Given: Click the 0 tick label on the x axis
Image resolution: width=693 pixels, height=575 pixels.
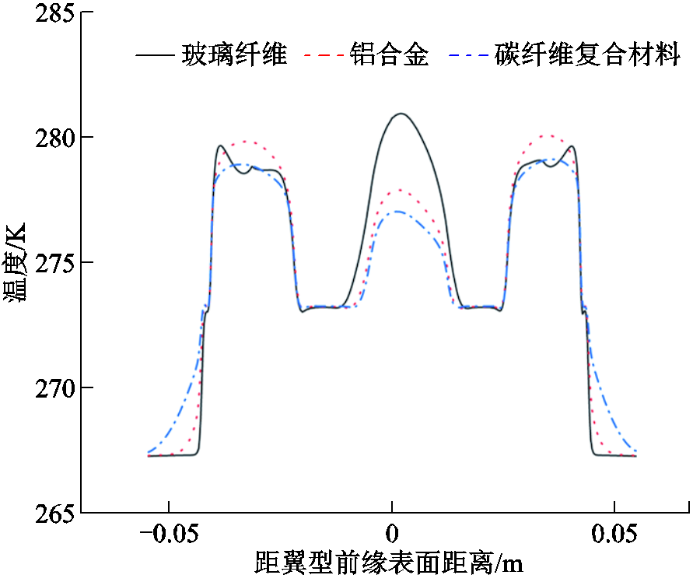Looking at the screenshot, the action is click(x=392, y=535).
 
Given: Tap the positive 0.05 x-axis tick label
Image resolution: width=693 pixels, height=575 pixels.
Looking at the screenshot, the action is click(x=614, y=535).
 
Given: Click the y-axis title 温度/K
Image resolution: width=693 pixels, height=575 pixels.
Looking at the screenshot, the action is click(x=16, y=262).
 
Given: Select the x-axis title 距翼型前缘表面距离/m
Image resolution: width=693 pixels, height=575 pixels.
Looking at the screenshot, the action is click(x=389, y=562).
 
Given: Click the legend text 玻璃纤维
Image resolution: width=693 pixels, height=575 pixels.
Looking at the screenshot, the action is click(x=234, y=54).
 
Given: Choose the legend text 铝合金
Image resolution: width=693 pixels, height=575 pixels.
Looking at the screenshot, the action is click(x=389, y=54).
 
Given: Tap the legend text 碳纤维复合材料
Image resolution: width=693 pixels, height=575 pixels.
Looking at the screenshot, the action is click(x=587, y=54).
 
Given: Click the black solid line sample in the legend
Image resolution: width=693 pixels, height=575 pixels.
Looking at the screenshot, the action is click(x=155, y=56).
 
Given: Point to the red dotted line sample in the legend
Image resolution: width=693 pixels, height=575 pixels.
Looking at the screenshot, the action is click(x=324, y=56).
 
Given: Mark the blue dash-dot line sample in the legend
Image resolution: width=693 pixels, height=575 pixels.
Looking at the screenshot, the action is click(x=468, y=56).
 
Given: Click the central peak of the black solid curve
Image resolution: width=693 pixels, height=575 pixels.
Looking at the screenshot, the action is click(x=401, y=114).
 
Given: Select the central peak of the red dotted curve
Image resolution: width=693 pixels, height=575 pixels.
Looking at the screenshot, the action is click(x=399, y=190).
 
